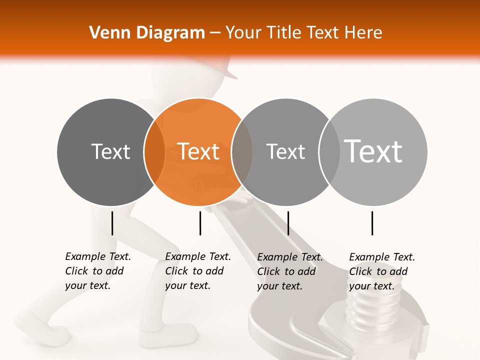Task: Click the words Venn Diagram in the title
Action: [147, 33]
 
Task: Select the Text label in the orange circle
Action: [198, 151]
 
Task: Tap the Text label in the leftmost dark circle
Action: [111, 151]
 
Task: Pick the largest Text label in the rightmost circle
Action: [373, 151]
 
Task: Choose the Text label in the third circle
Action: [285, 151]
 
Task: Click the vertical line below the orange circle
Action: [200, 223]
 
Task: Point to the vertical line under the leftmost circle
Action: [112, 223]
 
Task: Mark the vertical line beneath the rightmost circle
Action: [372, 223]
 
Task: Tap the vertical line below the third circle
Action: [288, 223]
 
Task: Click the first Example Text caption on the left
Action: [97, 271]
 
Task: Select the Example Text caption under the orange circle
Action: [197, 271]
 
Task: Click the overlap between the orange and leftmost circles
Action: [154, 151]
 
